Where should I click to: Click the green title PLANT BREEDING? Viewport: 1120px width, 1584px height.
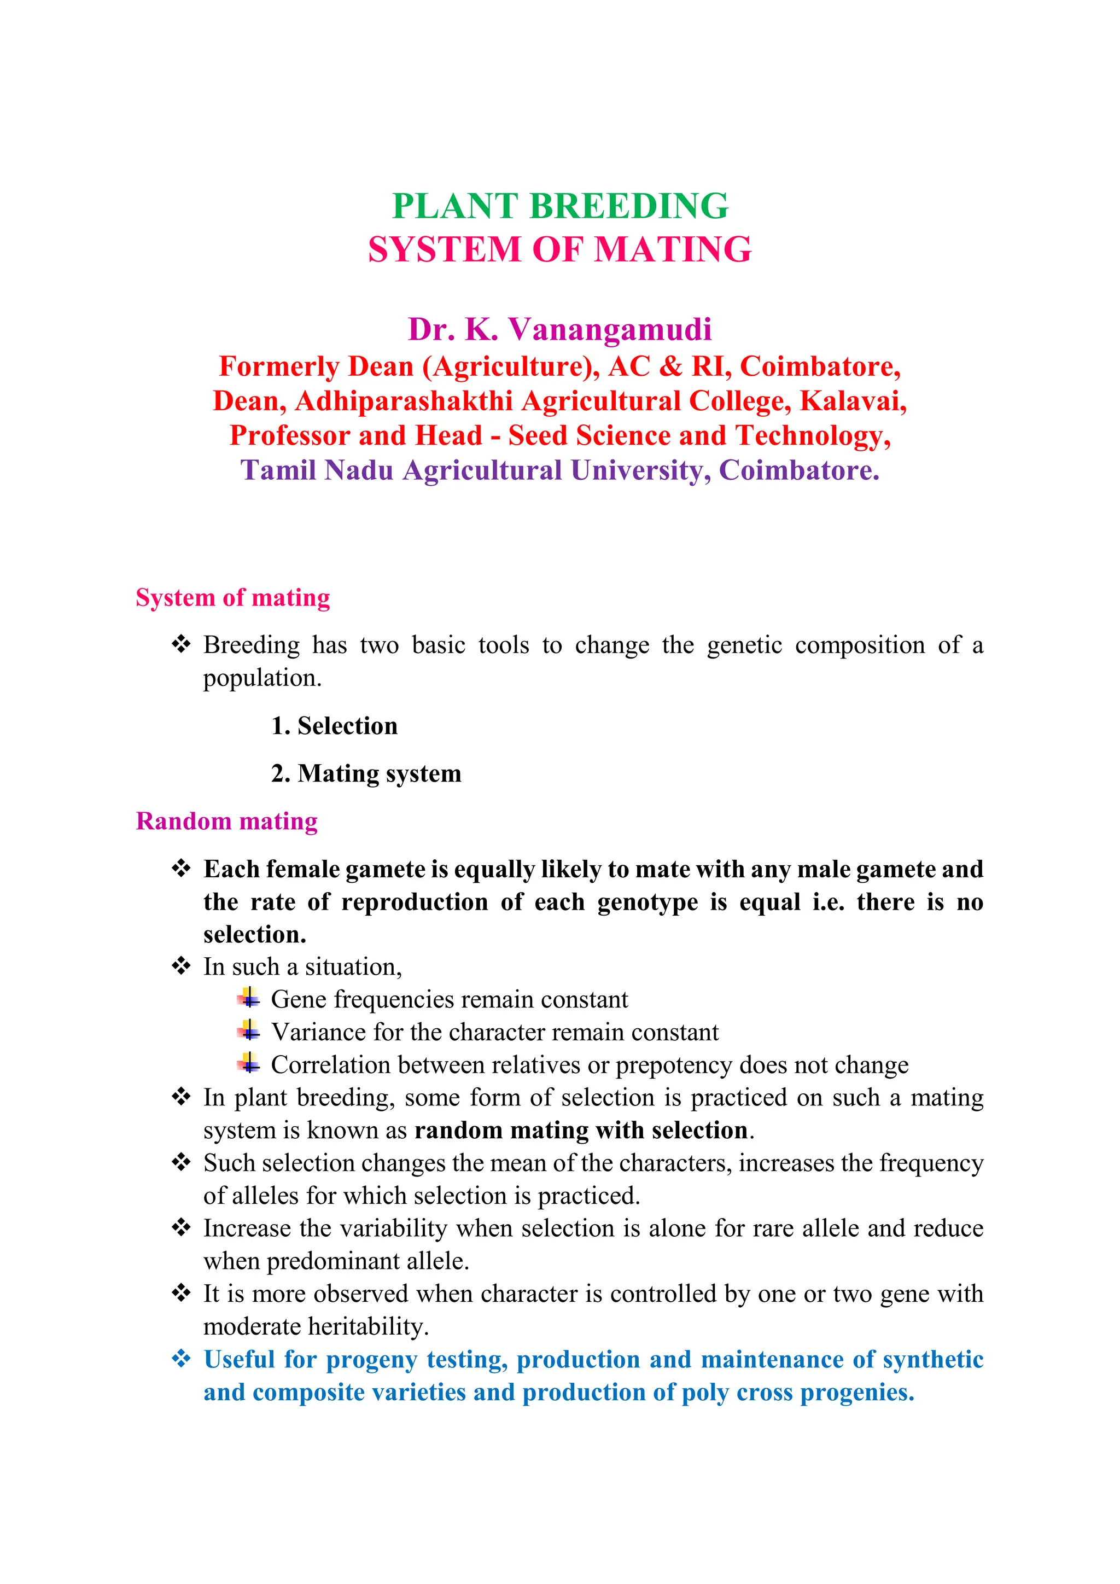coord(559,206)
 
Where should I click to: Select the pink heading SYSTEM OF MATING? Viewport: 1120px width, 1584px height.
coord(559,250)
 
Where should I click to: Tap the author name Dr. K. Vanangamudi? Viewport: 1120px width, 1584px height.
coord(559,330)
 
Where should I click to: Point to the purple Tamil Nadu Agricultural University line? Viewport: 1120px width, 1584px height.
coord(559,470)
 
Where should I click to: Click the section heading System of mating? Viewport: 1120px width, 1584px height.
coord(232,597)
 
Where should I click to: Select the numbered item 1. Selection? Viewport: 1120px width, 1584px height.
coord(335,726)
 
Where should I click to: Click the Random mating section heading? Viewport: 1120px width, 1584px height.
coord(226,821)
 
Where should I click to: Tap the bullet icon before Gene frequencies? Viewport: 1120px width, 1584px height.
coord(249,998)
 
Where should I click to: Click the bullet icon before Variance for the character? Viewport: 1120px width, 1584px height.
coord(249,1032)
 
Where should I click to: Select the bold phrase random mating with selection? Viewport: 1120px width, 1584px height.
coord(581,1131)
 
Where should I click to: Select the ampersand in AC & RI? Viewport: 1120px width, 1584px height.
coord(670,366)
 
